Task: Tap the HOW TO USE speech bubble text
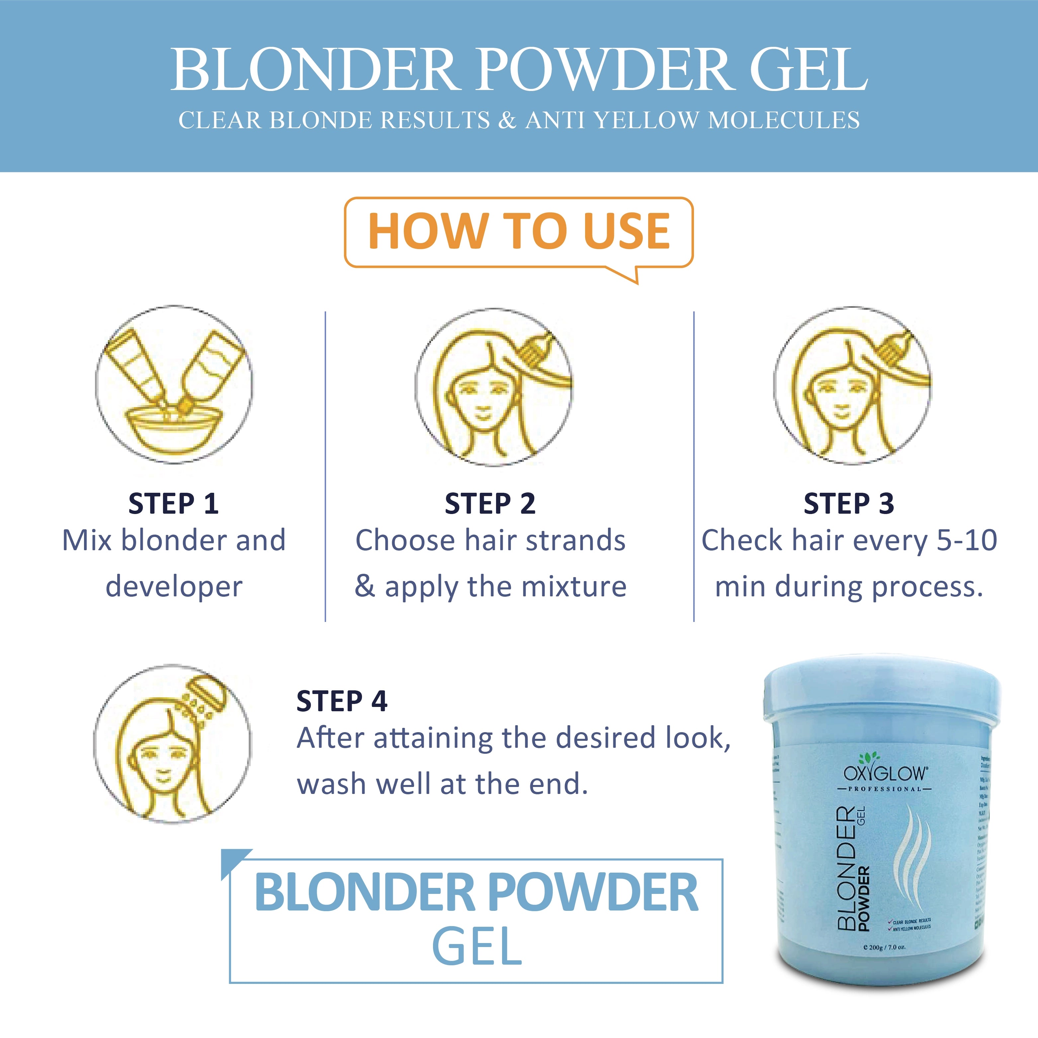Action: click(518, 231)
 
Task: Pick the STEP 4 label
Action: click(342, 701)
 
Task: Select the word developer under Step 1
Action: click(174, 586)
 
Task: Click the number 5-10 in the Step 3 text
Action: click(967, 540)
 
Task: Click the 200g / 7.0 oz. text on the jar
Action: click(884, 962)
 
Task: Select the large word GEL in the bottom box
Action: click(476, 948)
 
